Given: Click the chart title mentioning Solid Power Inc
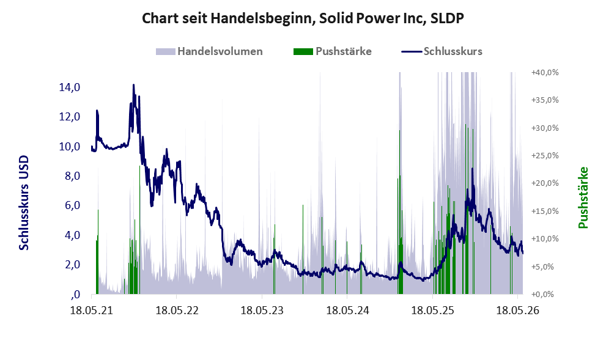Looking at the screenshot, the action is click(303, 18).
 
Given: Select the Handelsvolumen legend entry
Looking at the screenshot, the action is click(209, 51).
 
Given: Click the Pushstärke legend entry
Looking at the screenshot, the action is click(333, 51).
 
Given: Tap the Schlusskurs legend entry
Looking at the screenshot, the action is click(442, 51).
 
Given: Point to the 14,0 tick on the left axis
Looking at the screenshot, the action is click(70, 87).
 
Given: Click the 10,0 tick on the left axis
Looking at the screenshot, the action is click(70, 147).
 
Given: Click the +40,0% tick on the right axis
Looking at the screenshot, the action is click(545, 72).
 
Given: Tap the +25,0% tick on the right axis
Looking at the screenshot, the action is click(545, 156).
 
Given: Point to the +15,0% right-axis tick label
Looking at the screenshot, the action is click(545, 211).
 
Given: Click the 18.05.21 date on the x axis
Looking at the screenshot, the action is click(92, 310).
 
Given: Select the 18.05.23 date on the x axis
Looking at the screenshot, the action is click(262, 310).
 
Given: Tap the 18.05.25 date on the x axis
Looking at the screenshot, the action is click(432, 310).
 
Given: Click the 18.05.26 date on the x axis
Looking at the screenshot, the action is click(517, 310).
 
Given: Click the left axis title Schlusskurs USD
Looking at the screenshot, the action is click(24, 202).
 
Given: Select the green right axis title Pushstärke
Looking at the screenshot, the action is click(583, 197).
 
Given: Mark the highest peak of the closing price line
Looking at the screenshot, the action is click(133, 84).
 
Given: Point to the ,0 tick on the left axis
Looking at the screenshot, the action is click(75, 295).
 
